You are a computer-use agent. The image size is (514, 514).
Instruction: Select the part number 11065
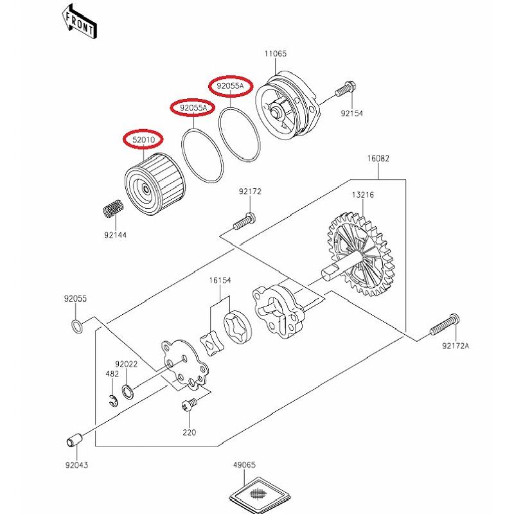pyautogui.click(x=275, y=55)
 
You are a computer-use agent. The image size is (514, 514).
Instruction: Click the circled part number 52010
pyautogui.click(x=143, y=139)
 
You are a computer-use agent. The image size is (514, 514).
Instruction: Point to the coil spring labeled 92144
pyautogui.click(x=114, y=210)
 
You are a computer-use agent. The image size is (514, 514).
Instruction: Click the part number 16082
pyautogui.click(x=378, y=158)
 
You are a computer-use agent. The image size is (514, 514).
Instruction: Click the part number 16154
pyautogui.click(x=219, y=280)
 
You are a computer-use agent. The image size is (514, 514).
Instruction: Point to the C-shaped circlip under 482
pyautogui.click(x=112, y=400)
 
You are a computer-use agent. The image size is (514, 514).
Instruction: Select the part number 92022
pyautogui.click(x=127, y=364)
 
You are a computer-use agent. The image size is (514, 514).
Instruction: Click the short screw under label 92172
pyautogui.click(x=244, y=221)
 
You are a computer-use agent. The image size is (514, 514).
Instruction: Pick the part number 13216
pyautogui.click(x=362, y=195)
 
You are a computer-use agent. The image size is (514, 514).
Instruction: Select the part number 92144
pyautogui.click(x=116, y=235)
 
